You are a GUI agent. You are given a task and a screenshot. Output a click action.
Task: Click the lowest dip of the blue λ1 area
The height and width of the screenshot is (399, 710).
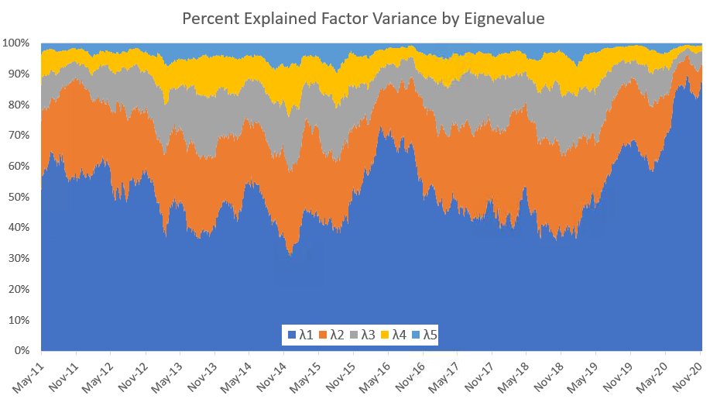[x=290, y=254]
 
